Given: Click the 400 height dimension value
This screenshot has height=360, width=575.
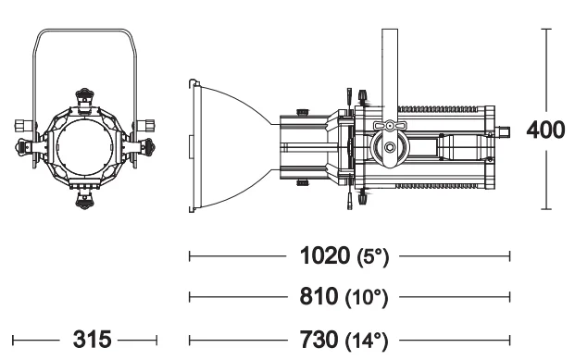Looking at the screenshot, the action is point(545,130).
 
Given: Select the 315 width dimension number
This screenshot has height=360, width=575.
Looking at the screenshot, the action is point(92,340).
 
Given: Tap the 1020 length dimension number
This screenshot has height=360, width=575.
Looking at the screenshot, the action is point(325,255).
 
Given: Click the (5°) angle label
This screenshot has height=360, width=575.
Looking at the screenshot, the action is point(372,257).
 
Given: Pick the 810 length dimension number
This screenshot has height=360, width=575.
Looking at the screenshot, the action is point(319,296).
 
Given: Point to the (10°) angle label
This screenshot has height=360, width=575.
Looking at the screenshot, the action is point(367,298).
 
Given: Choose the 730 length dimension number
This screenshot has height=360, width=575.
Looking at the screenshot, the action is point(319,340).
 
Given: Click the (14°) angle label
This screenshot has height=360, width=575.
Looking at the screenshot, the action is point(367,341).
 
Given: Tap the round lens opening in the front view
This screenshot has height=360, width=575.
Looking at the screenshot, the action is point(84,147).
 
